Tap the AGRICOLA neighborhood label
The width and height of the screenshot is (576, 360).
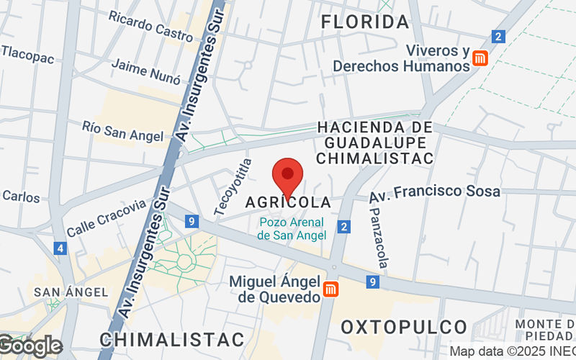(288, 202)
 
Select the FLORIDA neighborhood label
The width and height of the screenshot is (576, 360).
(365, 22)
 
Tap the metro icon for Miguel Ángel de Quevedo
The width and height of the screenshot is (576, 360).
(331, 289)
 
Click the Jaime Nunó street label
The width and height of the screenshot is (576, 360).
(145, 71)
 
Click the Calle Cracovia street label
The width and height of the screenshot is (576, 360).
(107, 218)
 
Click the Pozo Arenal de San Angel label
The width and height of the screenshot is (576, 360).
(292, 229)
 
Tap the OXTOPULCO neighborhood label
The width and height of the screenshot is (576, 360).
(404, 327)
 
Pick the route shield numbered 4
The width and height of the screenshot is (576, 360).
(59, 248)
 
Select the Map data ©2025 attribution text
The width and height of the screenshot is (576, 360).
(511, 351)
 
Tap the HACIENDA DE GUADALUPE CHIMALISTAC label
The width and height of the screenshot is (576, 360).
(375, 142)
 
